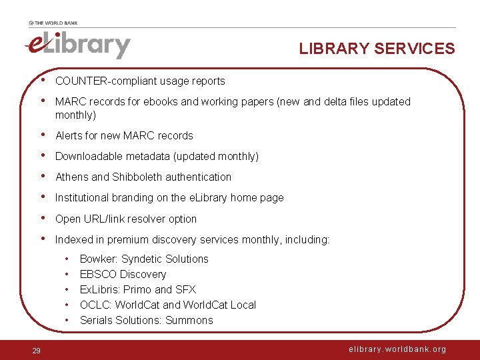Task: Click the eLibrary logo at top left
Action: click(x=77, y=45)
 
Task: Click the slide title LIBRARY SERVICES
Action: click(x=377, y=49)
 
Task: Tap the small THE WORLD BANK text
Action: click(x=53, y=23)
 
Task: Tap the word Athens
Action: click(x=71, y=177)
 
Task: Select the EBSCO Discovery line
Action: click(x=123, y=275)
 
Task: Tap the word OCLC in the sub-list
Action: click(x=95, y=305)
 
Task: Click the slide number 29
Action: click(x=37, y=351)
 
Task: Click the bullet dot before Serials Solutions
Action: click(x=68, y=321)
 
